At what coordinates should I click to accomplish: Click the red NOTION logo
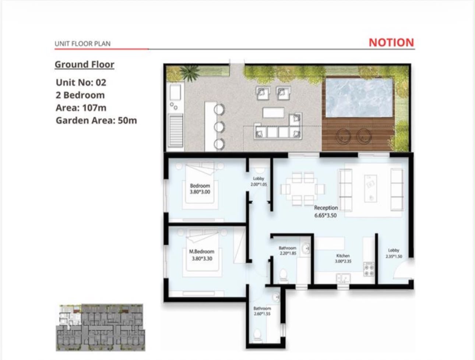click(x=391, y=43)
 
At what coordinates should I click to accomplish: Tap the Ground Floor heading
click(x=84, y=64)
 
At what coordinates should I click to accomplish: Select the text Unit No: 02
click(x=81, y=82)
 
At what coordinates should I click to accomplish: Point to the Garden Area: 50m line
click(x=96, y=120)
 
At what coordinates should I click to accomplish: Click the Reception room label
click(x=326, y=208)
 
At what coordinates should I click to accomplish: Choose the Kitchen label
click(x=343, y=256)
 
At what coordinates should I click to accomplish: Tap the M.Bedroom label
click(x=202, y=252)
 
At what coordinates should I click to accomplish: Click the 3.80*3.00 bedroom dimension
click(x=200, y=192)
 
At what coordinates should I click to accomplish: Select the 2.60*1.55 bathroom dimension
click(x=262, y=314)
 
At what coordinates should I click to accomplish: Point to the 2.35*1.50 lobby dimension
click(x=394, y=256)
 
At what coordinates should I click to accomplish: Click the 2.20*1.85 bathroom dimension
click(x=288, y=253)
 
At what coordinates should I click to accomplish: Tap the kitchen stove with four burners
click(x=369, y=269)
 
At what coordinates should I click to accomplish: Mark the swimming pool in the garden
click(x=359, y=98)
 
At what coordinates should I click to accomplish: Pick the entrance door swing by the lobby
click(x=402, y=268)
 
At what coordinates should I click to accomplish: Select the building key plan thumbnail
click(x=101, y=327)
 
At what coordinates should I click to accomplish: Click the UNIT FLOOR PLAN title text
click(x=82, y=44)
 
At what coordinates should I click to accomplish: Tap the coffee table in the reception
click(x=370, y=189)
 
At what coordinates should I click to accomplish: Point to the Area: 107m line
click(x=81, y=108)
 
